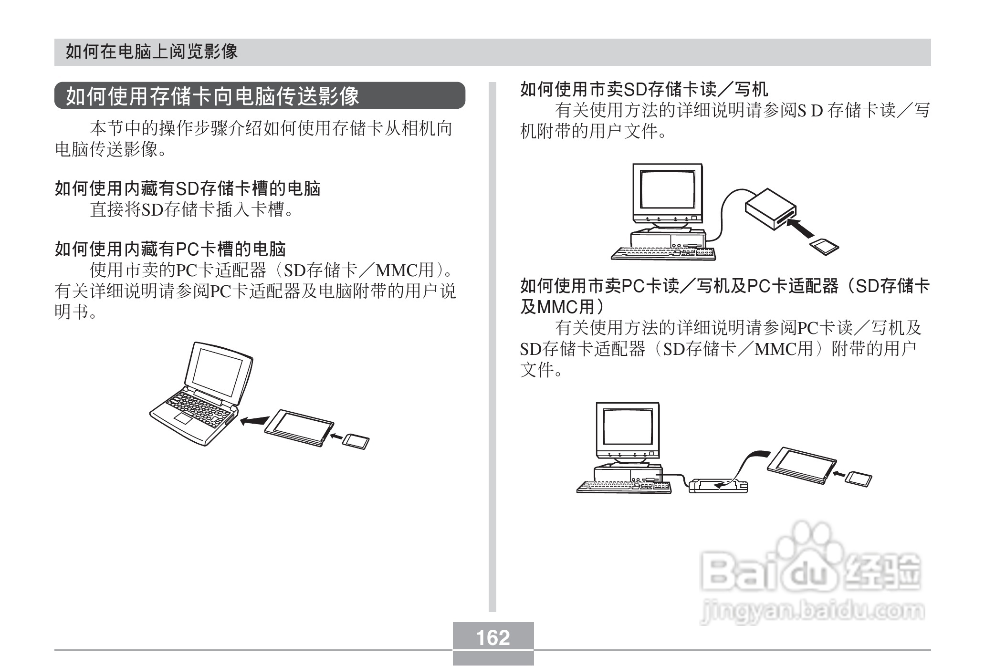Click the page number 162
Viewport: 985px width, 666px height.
click(493, 638)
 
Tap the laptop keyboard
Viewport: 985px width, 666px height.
click(200, 408)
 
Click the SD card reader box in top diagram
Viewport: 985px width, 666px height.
click(770, 208)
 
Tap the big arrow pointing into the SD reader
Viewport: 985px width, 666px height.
click(799, 228)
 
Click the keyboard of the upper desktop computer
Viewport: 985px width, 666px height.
click(663, 254)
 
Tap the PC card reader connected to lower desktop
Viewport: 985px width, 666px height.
click(718, 486)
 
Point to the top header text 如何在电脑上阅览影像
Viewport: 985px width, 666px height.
click(151, 52)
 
